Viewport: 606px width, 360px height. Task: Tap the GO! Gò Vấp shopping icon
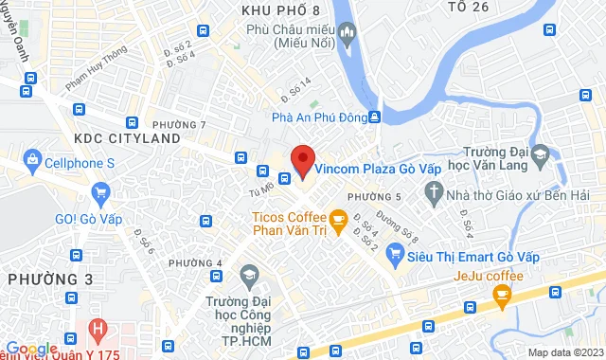pyautogui.click(x=101, y=193)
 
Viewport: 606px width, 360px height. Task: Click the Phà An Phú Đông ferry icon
pyautogui.click(x=374, y=117)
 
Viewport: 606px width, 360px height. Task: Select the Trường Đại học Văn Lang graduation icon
pyautogui.click(x=540, y=153)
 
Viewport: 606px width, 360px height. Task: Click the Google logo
pyautogui.click(x=31, y=350)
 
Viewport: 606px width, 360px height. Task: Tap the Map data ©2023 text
pyautogui.click(x=562, y=352)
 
